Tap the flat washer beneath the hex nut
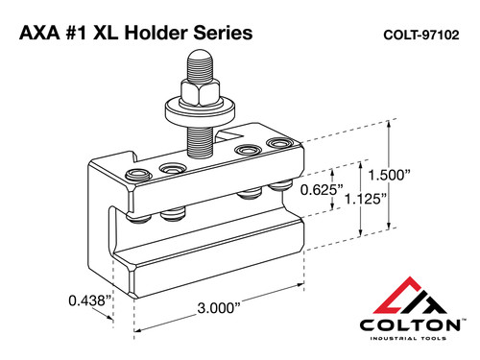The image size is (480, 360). pos(196,110)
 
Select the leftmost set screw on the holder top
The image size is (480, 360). pos(136,174)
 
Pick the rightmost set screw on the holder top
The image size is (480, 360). pos(280,145)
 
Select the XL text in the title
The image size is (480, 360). pos(116,34)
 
